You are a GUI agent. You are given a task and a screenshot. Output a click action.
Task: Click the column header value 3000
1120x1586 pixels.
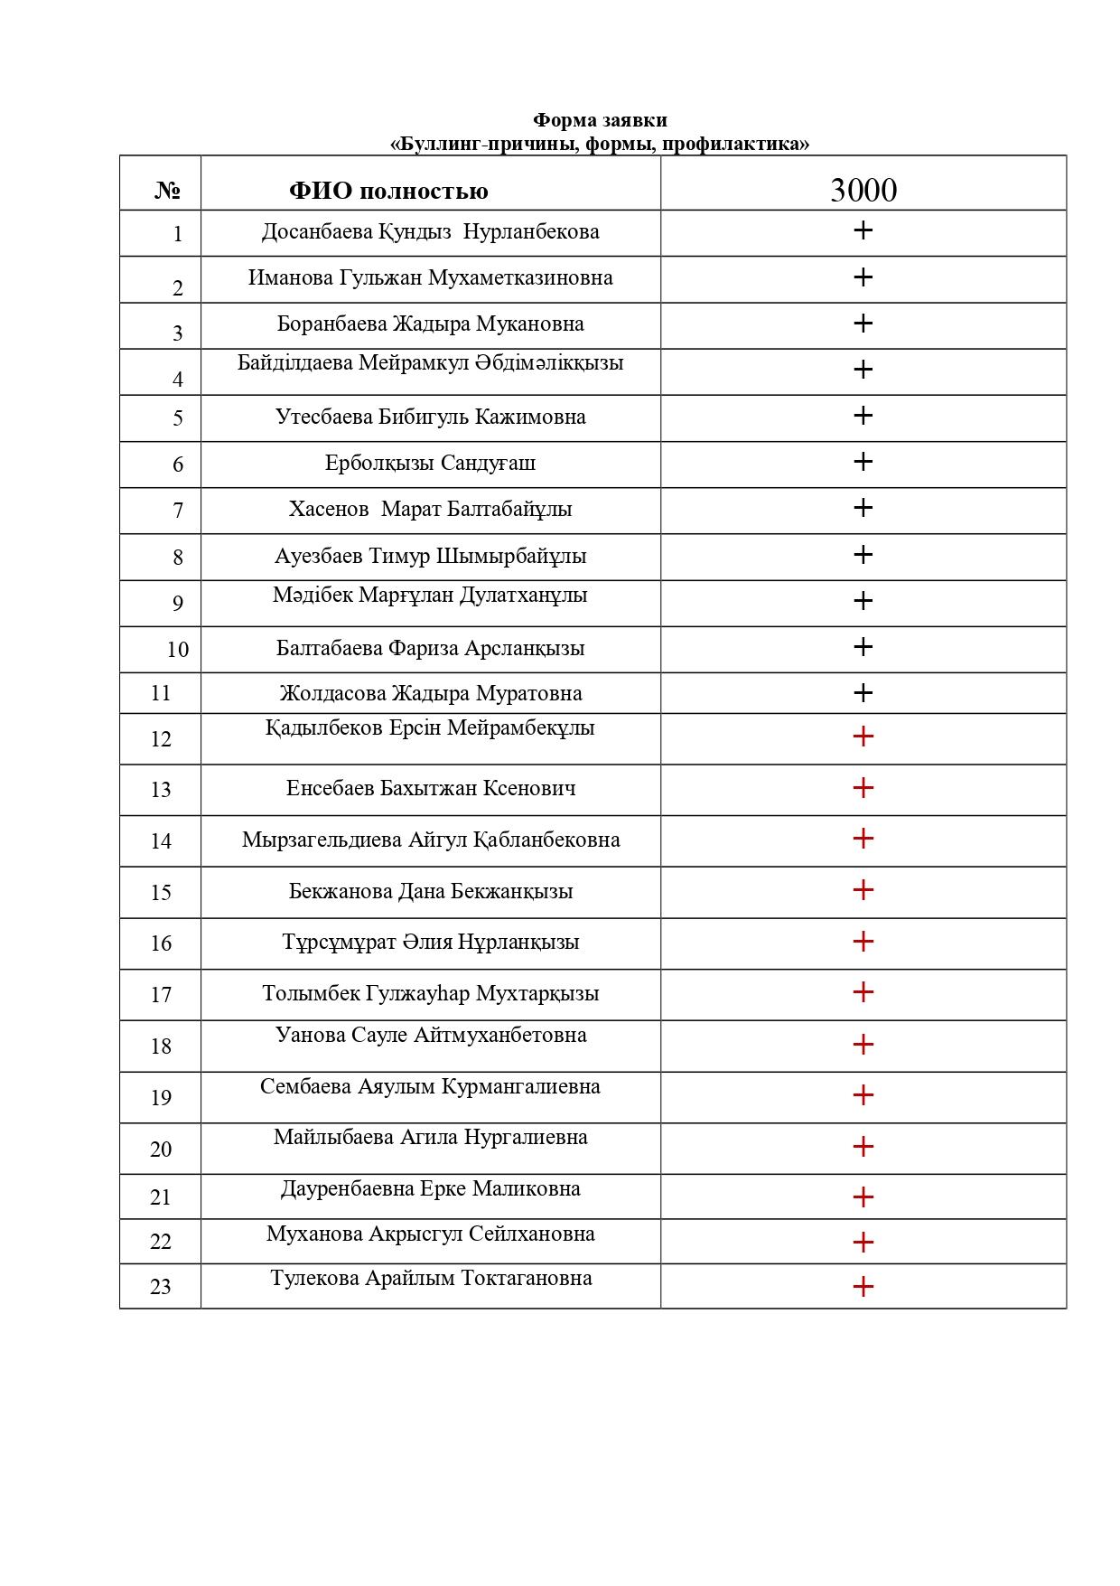tap(863, 190)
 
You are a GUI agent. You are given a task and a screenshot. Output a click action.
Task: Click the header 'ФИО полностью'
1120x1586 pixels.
tap(388, 191)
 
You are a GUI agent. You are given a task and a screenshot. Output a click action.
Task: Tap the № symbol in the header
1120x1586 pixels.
tap(168, 191)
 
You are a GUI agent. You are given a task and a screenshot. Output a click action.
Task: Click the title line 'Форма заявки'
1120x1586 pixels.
tap(600, 120)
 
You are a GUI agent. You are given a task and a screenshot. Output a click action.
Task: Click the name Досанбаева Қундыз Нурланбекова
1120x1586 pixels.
tap(430, 231)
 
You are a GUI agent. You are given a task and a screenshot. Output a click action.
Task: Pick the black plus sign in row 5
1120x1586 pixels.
tap(863, 415)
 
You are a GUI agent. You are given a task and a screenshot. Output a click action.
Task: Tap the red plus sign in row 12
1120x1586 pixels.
tap(863, 737)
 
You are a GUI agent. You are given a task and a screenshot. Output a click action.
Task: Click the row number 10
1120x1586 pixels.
tap(178, 650)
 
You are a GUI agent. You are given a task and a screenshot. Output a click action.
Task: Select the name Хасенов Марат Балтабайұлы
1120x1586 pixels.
tap(430, 509)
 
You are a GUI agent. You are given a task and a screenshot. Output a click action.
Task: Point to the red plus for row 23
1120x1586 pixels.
tap(863, 1286)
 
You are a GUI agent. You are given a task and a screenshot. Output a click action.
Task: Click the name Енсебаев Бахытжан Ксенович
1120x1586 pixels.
tap(430, 788)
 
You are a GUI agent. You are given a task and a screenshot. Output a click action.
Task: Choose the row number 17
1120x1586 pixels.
tap(161, 995)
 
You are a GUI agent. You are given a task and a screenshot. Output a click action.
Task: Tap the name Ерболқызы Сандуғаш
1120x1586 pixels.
tap(430, 463)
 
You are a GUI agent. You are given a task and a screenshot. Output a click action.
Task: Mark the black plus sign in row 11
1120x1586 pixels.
tap(863, 693)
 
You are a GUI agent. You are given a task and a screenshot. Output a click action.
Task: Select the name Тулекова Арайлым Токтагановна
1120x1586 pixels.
tap(431, 1278)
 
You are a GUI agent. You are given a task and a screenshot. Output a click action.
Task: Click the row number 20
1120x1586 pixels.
tap(161, 1150)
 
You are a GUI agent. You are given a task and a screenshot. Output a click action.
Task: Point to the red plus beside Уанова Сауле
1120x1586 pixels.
tap(863, 1045)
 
